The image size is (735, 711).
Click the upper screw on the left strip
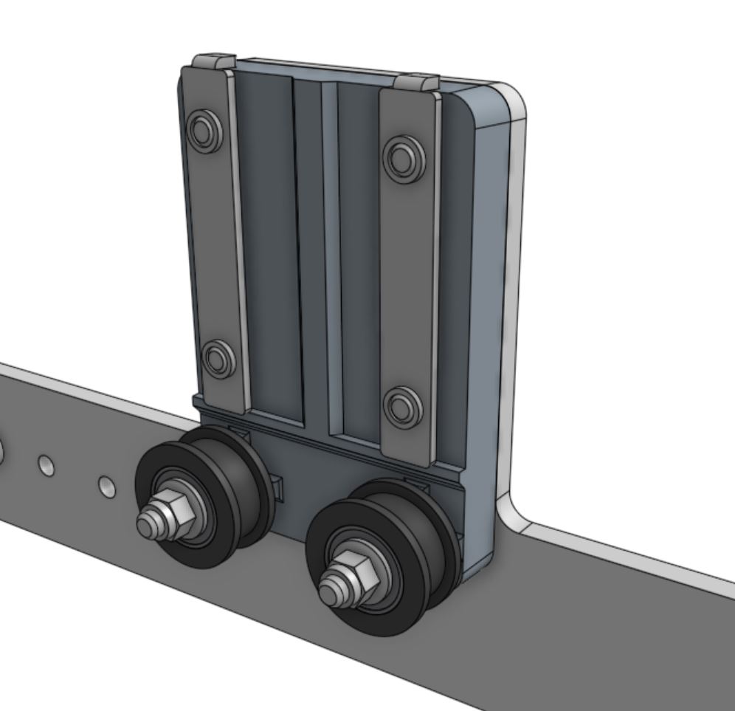coord(204,131)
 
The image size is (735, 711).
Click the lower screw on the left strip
coord(218,360)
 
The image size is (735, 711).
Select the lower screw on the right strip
coord(403,407)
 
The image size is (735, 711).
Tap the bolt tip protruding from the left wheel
coord(148,525)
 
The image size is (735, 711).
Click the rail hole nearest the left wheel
coord(107,486)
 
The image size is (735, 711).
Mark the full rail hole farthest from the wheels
coord(46,465)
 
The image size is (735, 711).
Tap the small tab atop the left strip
coord(214,61)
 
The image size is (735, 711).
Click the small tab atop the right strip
coord(418,82)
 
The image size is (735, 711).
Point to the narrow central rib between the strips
coord(330,251)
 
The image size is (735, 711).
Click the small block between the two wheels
coord(279,487)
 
